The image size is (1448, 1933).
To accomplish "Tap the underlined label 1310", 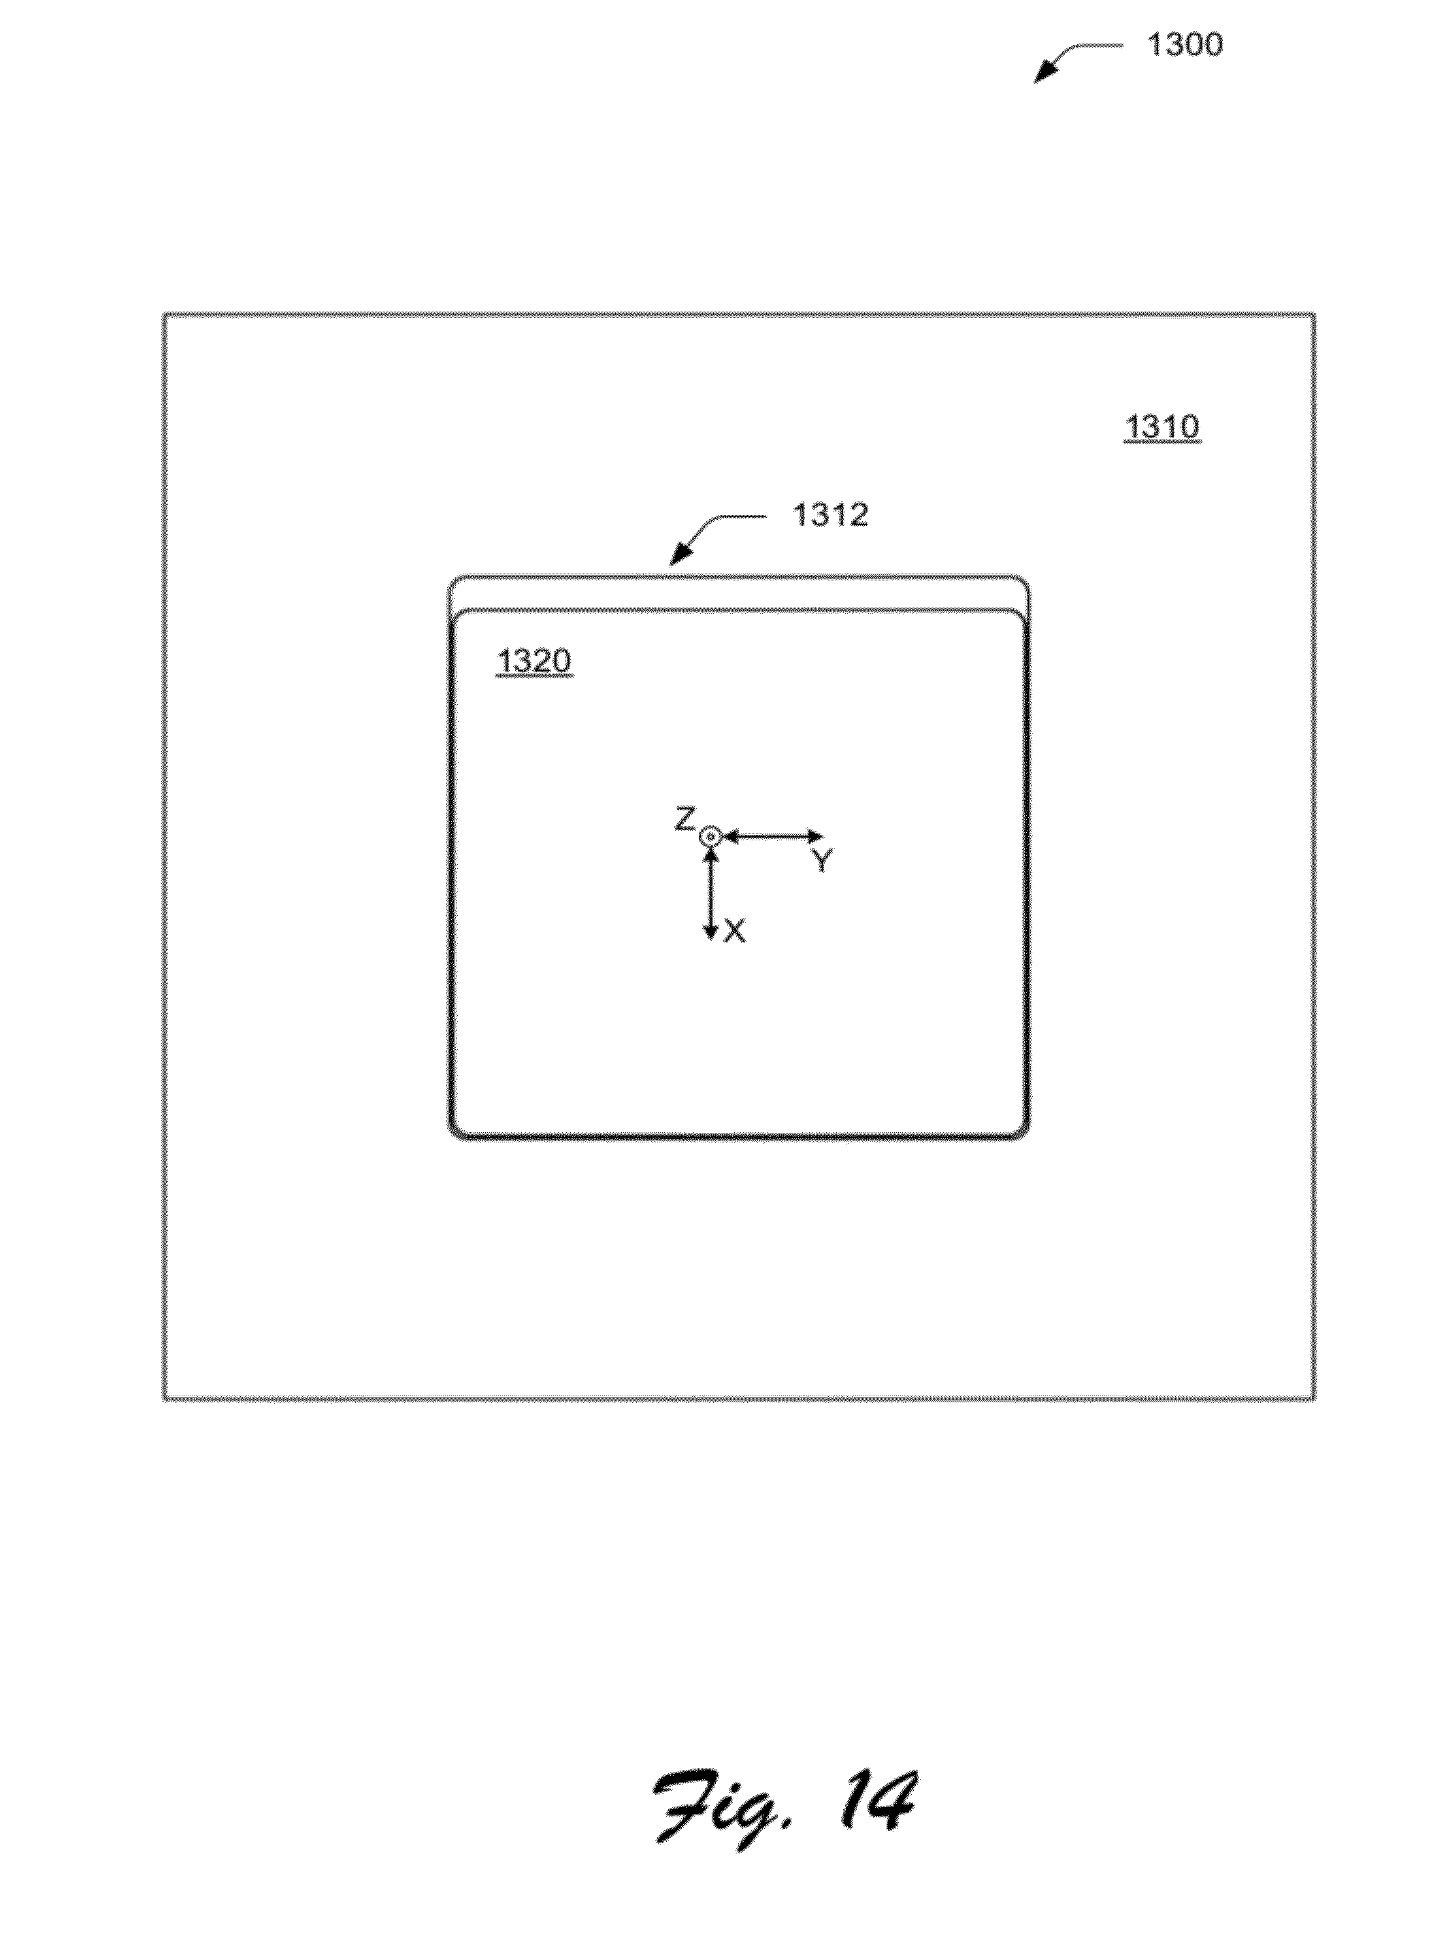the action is (x=1162, y=427).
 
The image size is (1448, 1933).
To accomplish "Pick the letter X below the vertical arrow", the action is (x=735, y=932).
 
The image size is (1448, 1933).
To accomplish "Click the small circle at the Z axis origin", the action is (x=710, y=837).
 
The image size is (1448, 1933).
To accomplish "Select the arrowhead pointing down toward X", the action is (x=710, y=934).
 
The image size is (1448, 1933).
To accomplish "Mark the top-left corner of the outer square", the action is (x=164, y=314).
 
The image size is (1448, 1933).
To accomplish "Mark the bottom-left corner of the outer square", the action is (x=164, y=1399).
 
